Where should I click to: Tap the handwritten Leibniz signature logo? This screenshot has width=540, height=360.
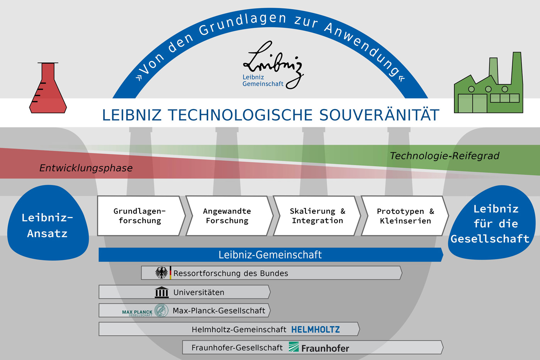click(x=273, y=65)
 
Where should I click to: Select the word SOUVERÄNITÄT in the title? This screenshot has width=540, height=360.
click(x=380, y=115)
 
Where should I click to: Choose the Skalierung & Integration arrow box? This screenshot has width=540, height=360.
click(x=317, y=216)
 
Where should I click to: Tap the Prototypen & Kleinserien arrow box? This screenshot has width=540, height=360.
click(x=405, y=216)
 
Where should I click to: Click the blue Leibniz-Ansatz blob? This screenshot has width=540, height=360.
click(x=48, y=223)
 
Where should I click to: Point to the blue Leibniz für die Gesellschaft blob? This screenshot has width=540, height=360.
click(x=492, y=223)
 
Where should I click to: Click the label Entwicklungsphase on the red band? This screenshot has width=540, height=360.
click(x=86, y=168)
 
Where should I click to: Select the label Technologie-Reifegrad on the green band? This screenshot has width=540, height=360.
click(x=444, y=156)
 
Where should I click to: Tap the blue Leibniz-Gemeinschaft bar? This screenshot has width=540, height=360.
click(x=271, y=255)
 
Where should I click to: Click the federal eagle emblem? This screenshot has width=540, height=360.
click(x=162, y=273)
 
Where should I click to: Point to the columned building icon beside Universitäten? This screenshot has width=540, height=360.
click(x=162, y=292)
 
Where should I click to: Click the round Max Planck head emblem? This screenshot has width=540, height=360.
click(x=161, y=310)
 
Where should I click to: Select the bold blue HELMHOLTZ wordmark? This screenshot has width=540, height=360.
click(x=316, y=330)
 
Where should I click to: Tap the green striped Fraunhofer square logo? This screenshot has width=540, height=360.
click(x=294, y=347)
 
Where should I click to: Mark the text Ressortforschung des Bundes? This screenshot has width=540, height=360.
click(x=231, y=273)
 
